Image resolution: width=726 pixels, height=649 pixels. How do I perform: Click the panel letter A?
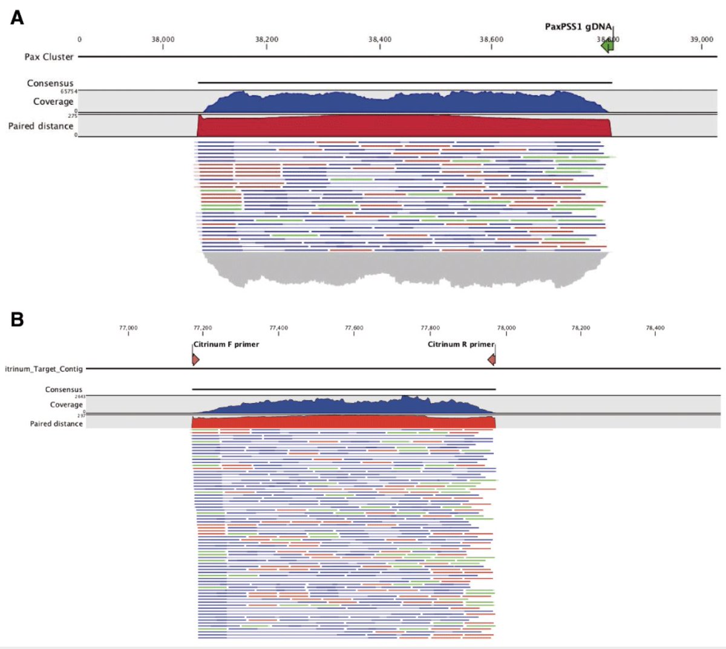17,18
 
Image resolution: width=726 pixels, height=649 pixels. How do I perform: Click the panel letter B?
17,319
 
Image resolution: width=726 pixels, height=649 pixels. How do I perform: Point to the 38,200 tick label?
267,39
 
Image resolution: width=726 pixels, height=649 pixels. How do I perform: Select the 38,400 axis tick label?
380,39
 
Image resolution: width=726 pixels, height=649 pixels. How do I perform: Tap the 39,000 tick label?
701,39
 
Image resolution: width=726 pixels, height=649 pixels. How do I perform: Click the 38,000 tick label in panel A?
163,39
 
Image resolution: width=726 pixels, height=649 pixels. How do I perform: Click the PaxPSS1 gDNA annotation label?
578,27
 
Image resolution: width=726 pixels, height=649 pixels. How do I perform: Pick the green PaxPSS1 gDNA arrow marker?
607,45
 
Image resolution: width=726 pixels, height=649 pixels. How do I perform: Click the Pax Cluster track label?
49,57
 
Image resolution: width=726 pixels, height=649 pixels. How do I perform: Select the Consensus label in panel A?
50,83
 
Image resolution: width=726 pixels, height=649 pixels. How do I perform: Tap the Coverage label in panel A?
53,102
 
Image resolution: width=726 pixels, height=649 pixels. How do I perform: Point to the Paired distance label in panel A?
41,126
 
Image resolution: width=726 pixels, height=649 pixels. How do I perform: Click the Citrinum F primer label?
226,344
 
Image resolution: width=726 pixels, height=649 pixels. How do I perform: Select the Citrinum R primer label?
460,344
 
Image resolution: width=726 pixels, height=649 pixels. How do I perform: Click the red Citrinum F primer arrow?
195,360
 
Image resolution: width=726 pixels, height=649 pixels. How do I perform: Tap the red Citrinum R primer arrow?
492,360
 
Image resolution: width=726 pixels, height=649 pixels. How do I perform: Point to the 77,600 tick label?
354,328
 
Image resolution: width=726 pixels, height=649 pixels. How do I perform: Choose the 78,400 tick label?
655,328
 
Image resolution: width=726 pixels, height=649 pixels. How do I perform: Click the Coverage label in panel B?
66,405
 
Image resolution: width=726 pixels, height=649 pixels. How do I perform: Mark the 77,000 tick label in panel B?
128,328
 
